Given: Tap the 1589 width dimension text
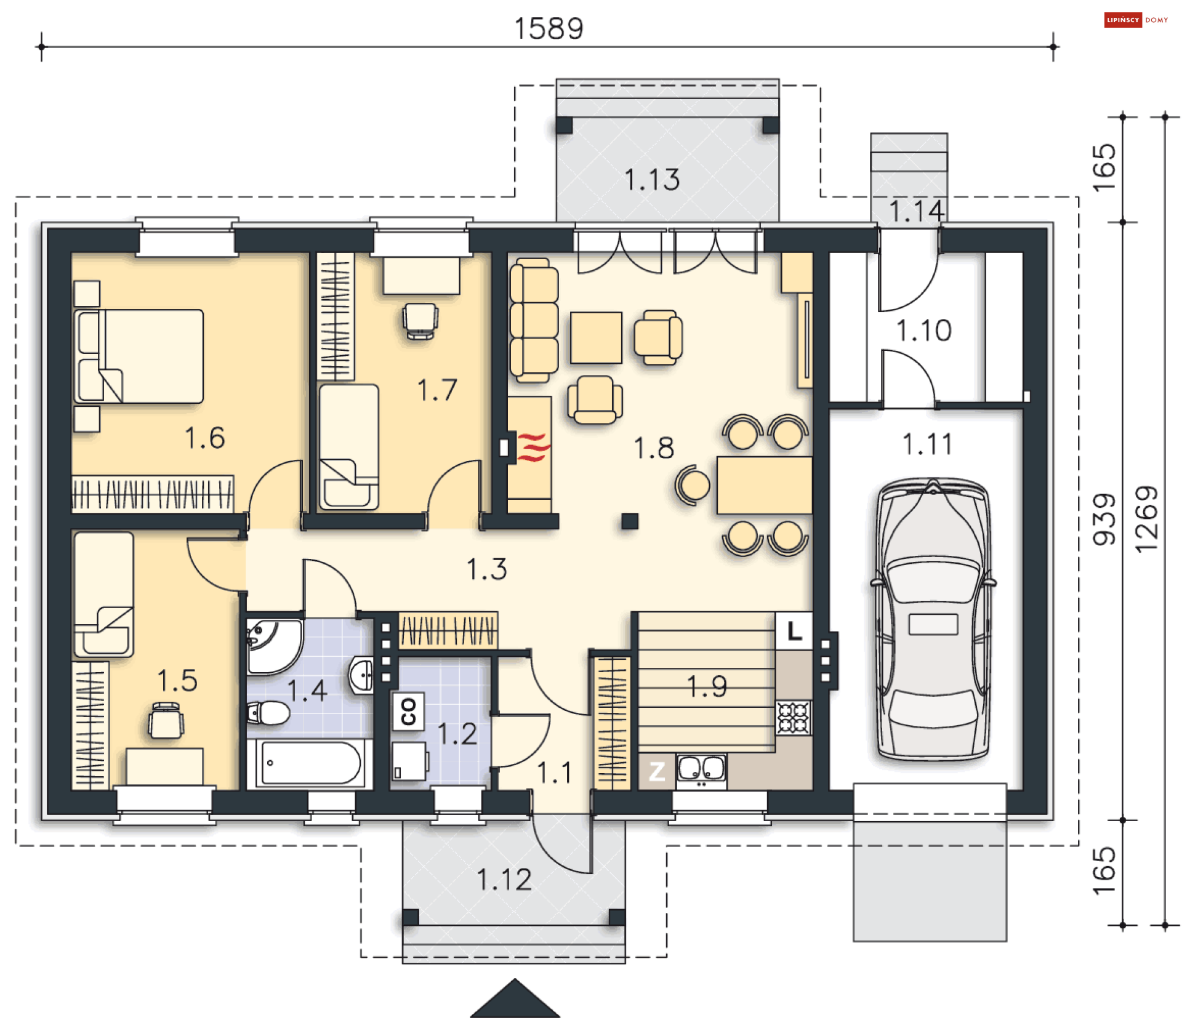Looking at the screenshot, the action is tap(549, 28).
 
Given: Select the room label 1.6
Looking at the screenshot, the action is tap(204, 438).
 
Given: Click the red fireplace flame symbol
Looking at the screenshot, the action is tap(533, 447).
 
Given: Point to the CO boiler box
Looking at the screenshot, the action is tap(408, 712).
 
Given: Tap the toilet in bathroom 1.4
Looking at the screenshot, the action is tap(268, 713).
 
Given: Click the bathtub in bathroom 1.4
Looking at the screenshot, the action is tap(310, 763).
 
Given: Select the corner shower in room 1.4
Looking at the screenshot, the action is tap(274, 646).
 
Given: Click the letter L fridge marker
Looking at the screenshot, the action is tap(794, 631).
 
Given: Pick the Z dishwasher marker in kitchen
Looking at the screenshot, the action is tap(657, 771).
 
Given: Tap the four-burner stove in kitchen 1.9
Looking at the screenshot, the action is tap(794, 718).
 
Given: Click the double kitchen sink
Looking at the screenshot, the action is tap(701, 771).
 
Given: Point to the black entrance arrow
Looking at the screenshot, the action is tap(515, 998).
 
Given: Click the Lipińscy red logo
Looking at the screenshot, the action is tap(1123, 20).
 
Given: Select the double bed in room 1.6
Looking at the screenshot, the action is tap(139, 356).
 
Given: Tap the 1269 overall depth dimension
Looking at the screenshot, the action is tap(1147, 520).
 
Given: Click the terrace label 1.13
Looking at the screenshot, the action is tap(652, 180).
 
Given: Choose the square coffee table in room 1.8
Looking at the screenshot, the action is tap(596, 338).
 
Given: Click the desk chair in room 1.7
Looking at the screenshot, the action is tap(420, 320).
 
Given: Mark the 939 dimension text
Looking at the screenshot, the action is tap(1104, 520).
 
